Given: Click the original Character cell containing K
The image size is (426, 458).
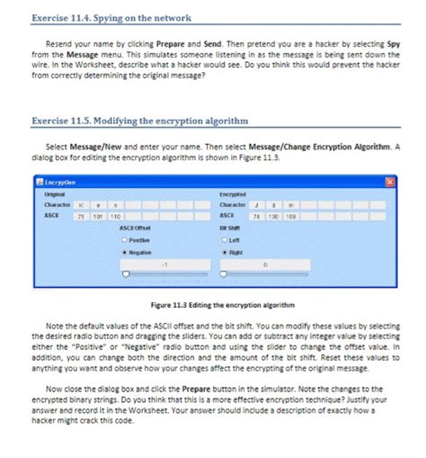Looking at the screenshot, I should (79, 205).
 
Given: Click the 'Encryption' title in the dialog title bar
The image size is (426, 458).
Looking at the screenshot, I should (58, 183).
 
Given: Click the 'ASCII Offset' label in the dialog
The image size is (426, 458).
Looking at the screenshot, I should (133, 229).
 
